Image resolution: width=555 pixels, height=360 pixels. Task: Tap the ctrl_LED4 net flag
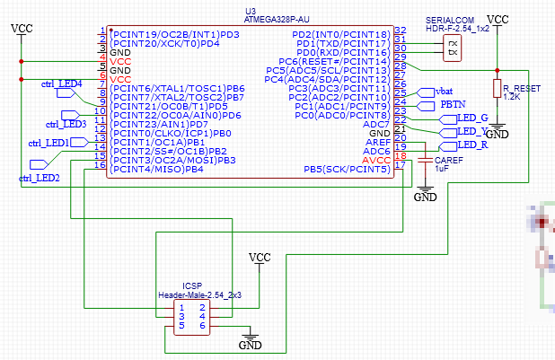(x=61, y=83)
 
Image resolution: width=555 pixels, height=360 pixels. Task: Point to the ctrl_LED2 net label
(x=40, y=179)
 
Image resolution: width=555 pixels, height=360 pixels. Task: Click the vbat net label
(x=443, y=92)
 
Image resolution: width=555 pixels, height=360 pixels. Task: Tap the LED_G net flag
(x=471, y=119)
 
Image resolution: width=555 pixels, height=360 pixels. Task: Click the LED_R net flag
(x=471, y=145)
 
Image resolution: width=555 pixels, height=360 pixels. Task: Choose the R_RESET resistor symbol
(x=495, y=87)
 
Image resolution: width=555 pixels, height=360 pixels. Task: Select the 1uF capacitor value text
(x=442, y=168)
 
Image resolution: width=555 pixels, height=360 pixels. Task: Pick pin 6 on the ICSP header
(x=203, y=326)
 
